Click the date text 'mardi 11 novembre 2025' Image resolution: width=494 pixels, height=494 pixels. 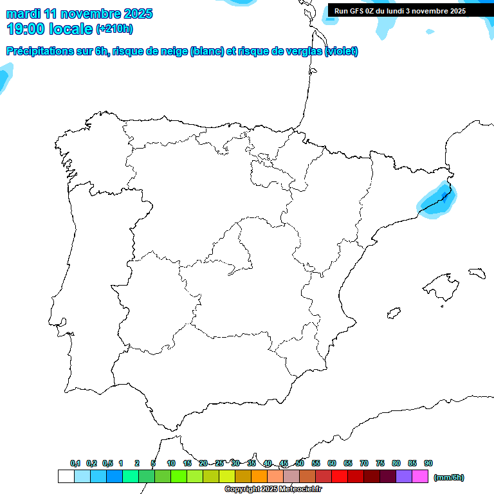pyautogui.click(x=79, y=14)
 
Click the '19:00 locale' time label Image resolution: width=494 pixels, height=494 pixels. pyautogui.click(x=50, y=28)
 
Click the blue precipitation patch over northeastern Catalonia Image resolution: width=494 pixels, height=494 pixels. pyautogui.click(x=437, y=201)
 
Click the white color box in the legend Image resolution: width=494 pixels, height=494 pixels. pyautogui.click(x=66, y=477)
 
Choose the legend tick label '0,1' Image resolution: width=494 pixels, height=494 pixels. pyautogui.click(x=75, y=463)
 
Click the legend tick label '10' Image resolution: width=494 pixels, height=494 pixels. pyautogui.click(x=171, y=463)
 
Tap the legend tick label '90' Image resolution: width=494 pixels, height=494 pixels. pyautogui.click(x=428, y=463)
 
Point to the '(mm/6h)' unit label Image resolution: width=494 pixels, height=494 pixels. pyautogui.click(x=449, y=477)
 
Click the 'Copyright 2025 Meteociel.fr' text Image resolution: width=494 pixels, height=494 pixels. pyautogui.click(x=273, y=489)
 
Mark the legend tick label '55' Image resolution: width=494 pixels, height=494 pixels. pyautogui.click(x=316, y=463)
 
